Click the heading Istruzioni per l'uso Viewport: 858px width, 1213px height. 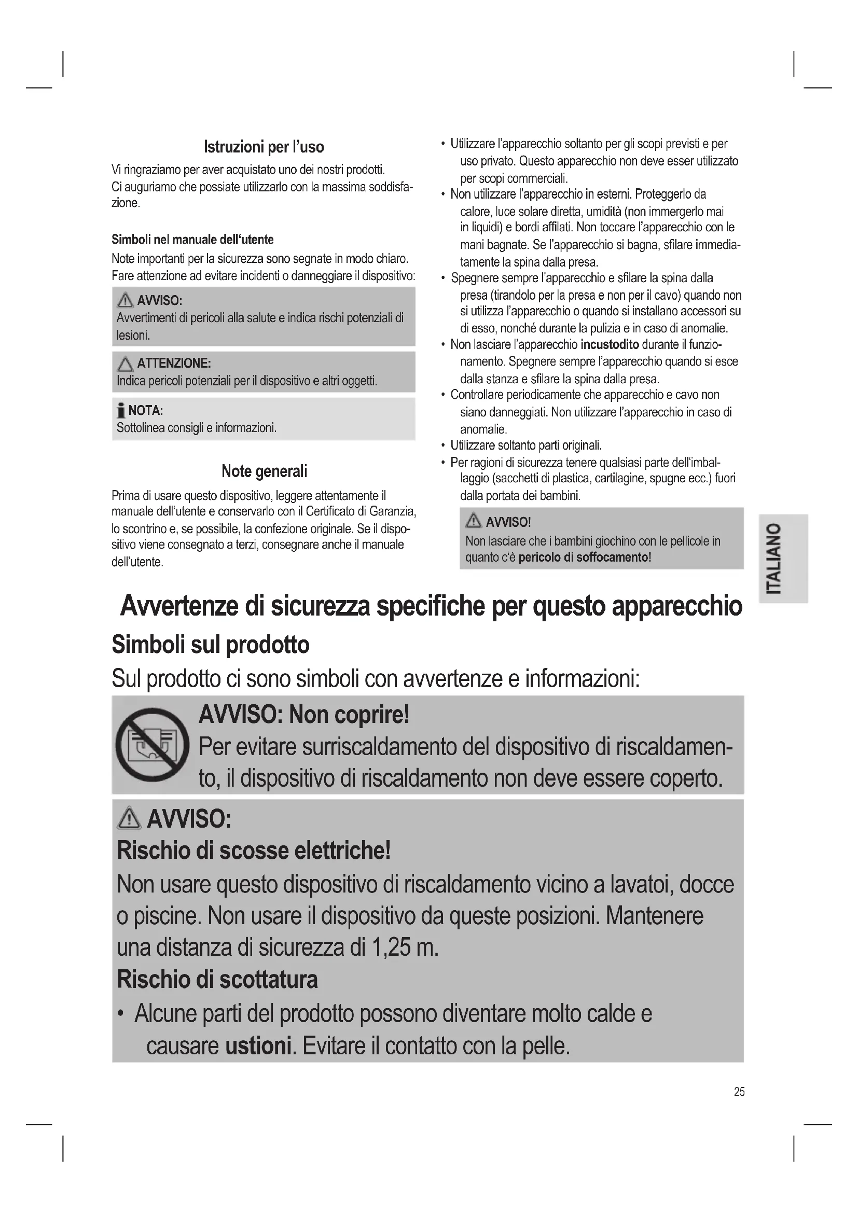point(264,147)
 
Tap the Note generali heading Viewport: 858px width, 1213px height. point(264,471)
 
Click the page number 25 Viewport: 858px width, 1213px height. point(739,1091)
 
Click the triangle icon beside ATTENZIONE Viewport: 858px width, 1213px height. point(125,364)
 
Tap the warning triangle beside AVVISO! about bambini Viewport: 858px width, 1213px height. point(474,521)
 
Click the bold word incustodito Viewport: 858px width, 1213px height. point(610,345)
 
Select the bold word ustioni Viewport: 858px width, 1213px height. point(258,1045)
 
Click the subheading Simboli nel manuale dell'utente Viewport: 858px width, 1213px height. point(192,239)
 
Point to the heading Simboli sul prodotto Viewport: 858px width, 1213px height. point(210,644)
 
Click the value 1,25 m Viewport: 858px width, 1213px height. point(405,947)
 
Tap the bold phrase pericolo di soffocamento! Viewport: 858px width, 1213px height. point(584,557)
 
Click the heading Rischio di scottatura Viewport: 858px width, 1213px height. point(217,979)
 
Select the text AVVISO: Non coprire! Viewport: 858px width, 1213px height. point(304,715)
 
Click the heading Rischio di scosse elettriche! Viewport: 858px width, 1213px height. point(254,851)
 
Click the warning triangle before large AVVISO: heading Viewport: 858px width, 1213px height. point(130,819)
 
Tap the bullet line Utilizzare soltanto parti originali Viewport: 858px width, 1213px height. point(525,445)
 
